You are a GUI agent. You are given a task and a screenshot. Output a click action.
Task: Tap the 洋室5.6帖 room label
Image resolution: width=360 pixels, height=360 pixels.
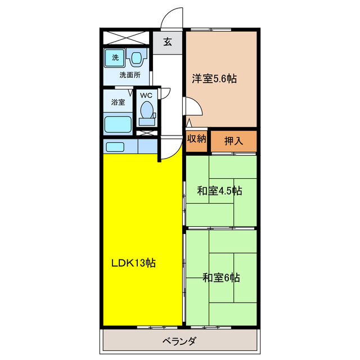214,79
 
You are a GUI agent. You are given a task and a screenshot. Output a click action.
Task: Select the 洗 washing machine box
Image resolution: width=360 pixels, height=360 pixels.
115,57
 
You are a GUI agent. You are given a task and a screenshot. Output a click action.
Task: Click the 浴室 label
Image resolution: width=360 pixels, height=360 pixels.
118,102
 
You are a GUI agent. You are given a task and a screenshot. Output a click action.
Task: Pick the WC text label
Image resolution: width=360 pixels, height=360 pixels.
146,95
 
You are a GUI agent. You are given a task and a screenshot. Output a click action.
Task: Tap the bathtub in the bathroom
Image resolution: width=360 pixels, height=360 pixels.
118,124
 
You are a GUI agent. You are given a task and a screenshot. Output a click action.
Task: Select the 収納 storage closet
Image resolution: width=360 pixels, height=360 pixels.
197,138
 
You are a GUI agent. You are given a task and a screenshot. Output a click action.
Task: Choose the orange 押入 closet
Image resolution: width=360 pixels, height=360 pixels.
233,141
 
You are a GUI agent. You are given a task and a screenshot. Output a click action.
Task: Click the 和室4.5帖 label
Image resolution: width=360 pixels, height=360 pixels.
220,191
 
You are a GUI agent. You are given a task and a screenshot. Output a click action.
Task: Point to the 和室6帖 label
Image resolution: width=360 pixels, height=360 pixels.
221,277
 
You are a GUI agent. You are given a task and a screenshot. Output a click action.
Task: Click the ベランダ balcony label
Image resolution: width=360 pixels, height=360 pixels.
179,341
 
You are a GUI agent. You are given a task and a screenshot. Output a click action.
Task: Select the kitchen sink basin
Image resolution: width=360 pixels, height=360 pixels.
115,147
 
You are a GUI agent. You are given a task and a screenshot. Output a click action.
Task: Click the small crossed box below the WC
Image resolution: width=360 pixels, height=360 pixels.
146,133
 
